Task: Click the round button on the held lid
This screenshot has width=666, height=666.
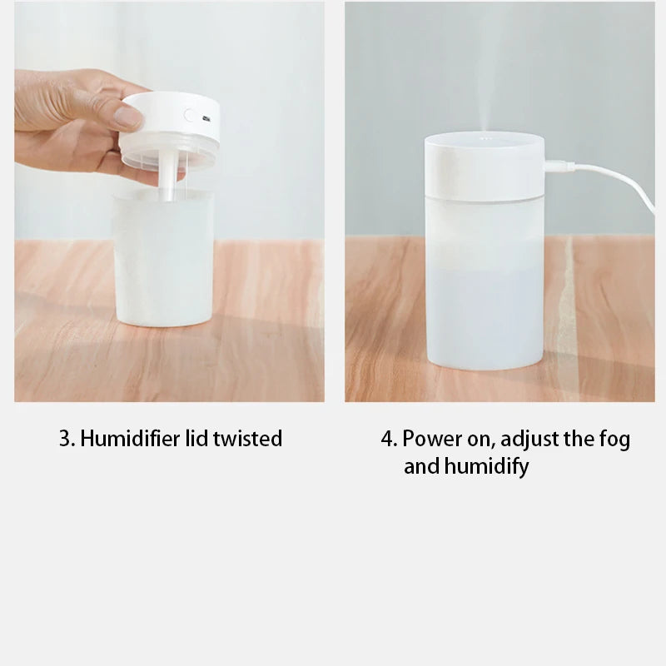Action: pyautogui.click(x=191, y=117)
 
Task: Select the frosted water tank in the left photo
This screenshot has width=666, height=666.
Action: pyautogui.click(x=164, y=258)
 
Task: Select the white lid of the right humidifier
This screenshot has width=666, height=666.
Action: pyautogui.click(x=484, y=166)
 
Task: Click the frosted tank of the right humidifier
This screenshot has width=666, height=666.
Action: pyautogui.click(x=484, y=283)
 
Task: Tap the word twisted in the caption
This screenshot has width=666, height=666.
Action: pyautogui.click(x=247, y=439)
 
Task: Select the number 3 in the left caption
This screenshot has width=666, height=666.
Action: pyautogui.click(x=63, y=439)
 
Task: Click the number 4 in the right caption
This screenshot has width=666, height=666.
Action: pyautogui.click(x=387, y=439)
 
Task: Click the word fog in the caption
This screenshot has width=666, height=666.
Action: pyautogui.click(x=614, y=439)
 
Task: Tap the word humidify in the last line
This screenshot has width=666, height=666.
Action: pyautogui.click(x=486, y=467)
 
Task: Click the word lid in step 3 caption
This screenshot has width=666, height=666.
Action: pyautogui.click(x=196, y=439)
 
